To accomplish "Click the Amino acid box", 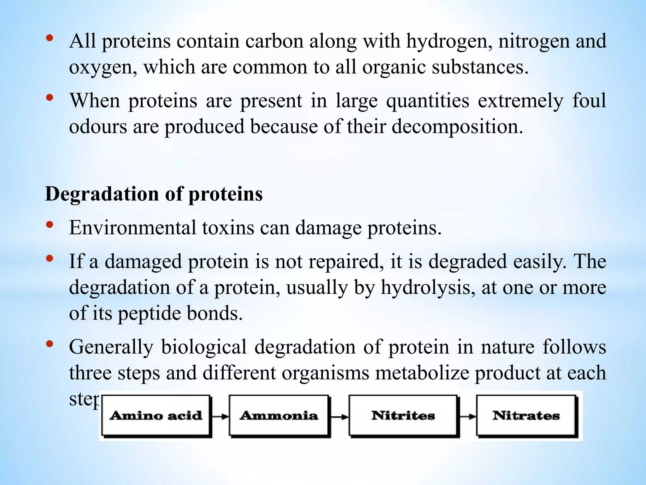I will pyautogui.click(x=156, y=416).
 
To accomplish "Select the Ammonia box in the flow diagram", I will pyautogui.click(x=279, y=416).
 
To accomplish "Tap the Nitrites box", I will pyautogui.click(x=403, y=416).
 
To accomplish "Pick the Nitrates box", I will pyautogui.click(x=526, y=416).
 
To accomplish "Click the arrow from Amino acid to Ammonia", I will pyautogui.click(x=220, y=416).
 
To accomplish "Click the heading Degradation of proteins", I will pyautogui.click(x=154, y=194).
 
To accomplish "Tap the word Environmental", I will pyautogui.click(x=132, y=228).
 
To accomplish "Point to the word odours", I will pyautogui.click(x=98, y=127).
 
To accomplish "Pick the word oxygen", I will pyautogui.click(x=103, y=68).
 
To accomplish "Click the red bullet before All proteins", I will pyautogui.click(x=50, y=39).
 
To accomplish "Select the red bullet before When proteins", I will pyautogui.click(x=50, y=98).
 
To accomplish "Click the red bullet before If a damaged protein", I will pyautogui.click(x=50, y=259).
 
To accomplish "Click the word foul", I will pyautogui.click(x=589, y=101).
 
